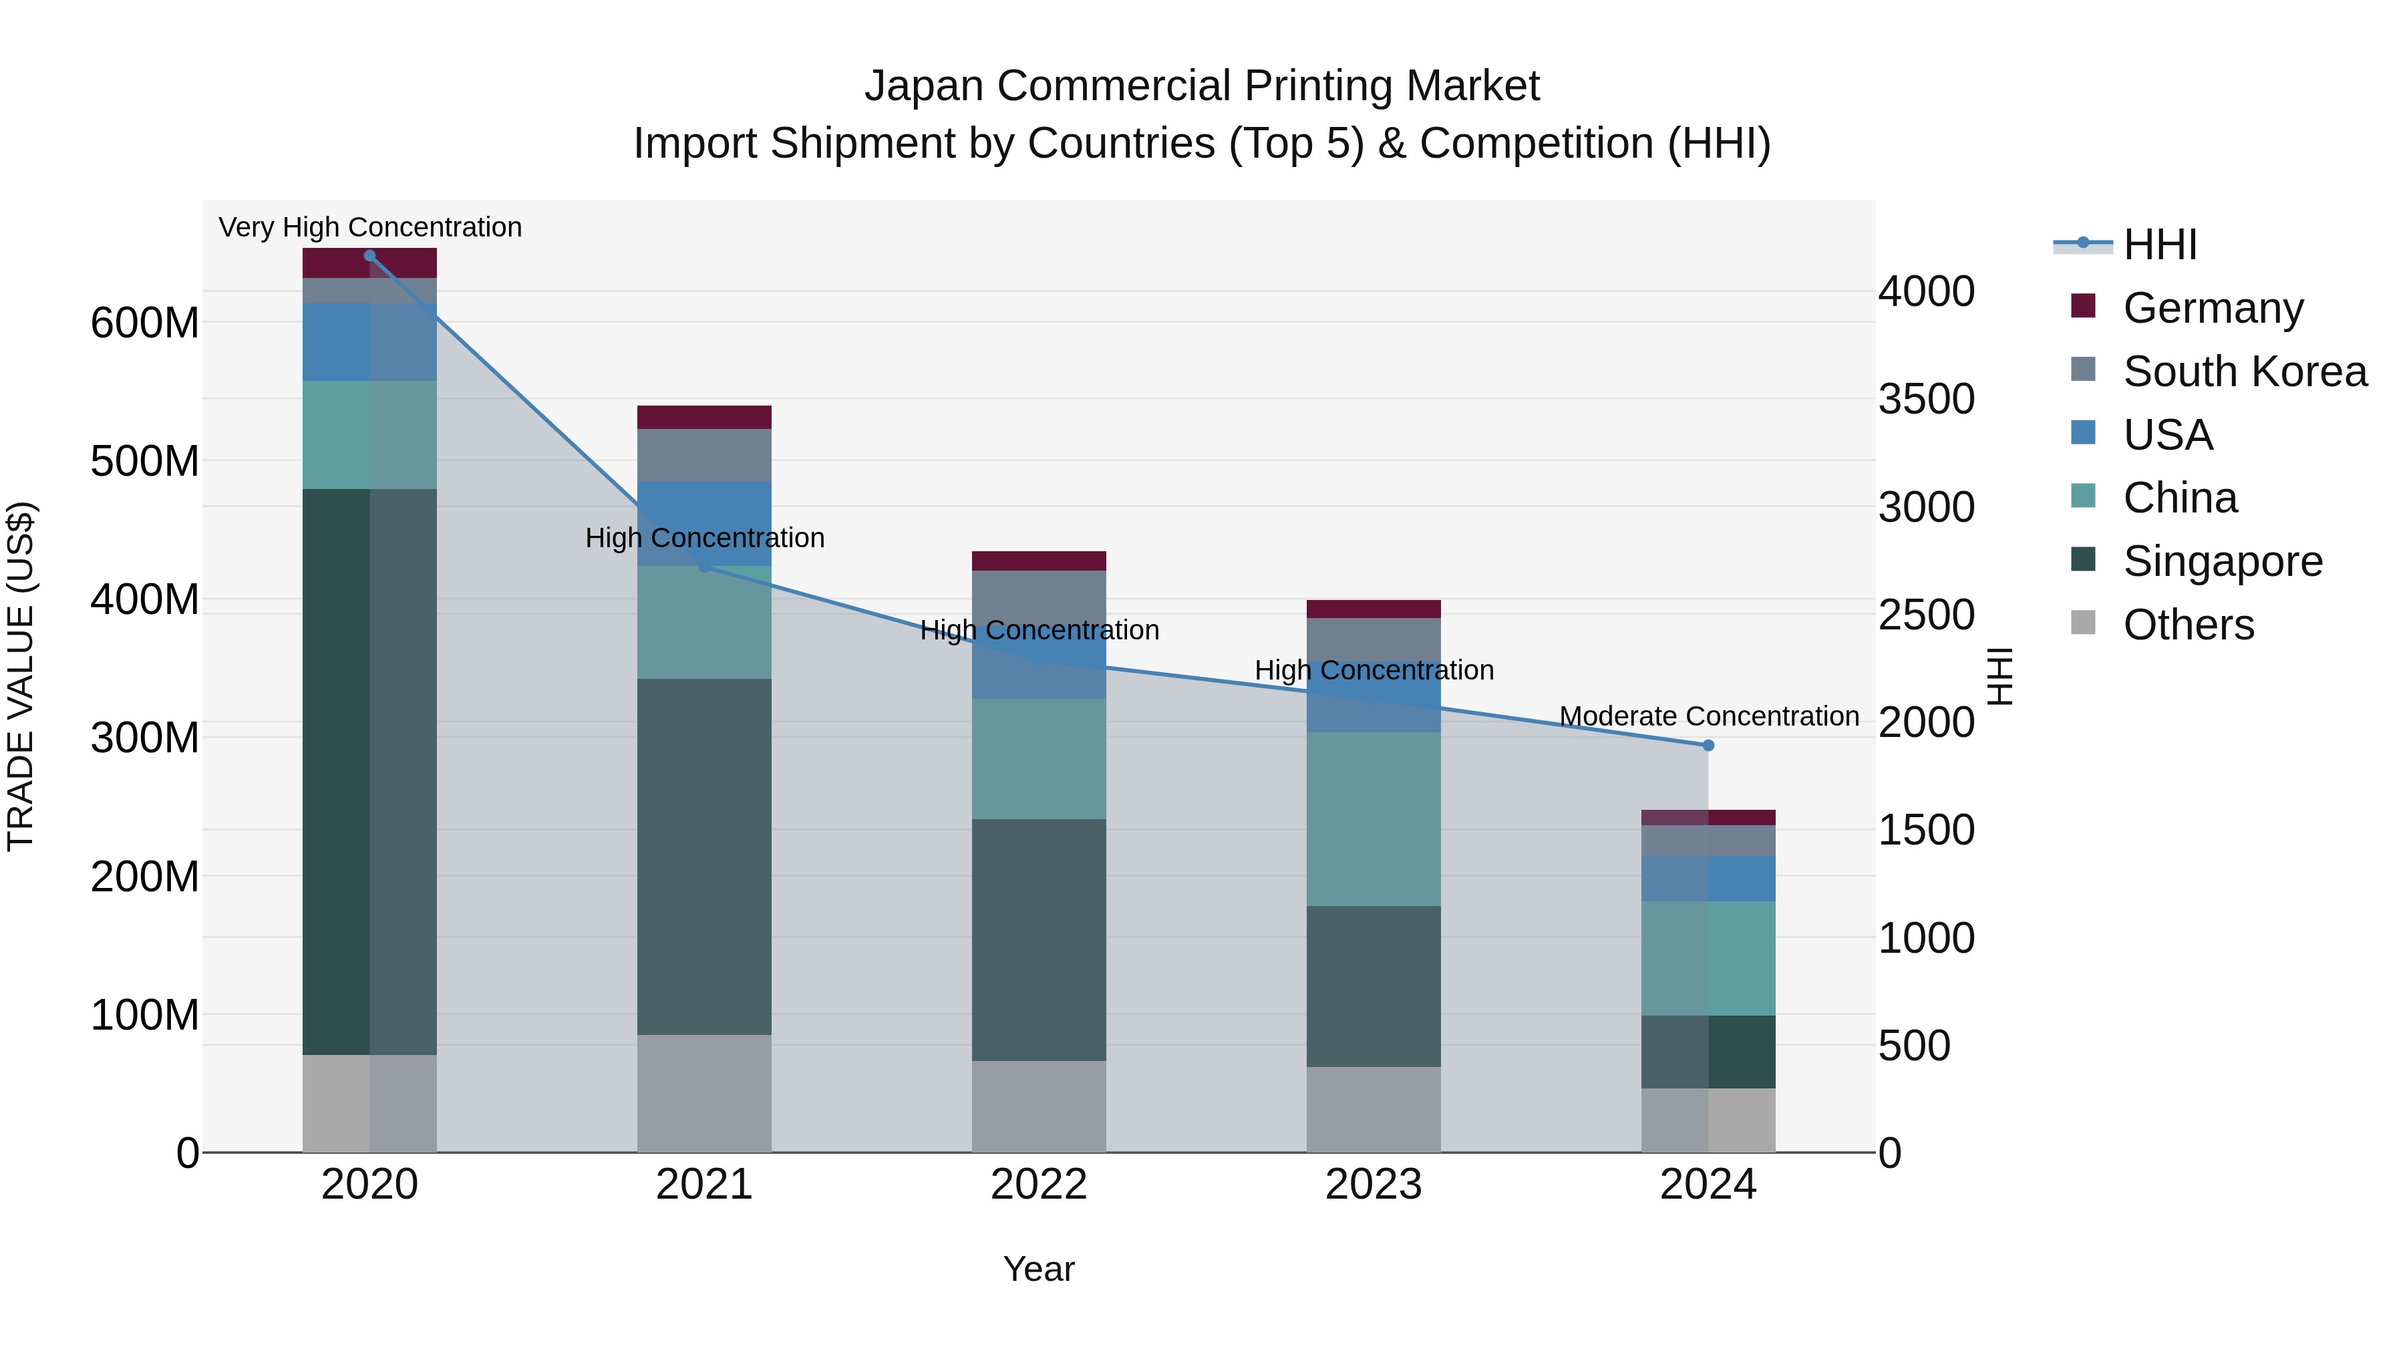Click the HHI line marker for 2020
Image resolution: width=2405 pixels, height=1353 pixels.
pyautogui.click(x=369, y=256)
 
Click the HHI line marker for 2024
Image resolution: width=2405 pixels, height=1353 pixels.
pyautogui.click(x=1708, y=745)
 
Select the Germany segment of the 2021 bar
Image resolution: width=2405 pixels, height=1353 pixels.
pyautogui.click(x=704, y=418)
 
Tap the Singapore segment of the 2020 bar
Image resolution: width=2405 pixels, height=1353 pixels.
pyautogui.click(x=369, y=771)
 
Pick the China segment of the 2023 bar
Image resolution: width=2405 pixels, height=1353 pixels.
pyautogui.click(x=1374, y=819)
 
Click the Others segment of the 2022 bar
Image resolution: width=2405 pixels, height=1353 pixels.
pyautogui.click(x=1038, y=1106)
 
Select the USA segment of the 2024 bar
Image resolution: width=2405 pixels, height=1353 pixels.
pyautogui.click(x=1708, y=879)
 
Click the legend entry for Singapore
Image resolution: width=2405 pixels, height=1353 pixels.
pyautogui.click(x=2222, y=561)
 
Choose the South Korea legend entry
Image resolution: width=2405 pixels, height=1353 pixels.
pyautogui.click(x=2245, y=371)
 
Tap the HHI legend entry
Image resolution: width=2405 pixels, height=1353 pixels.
pyautogui.click(x=2158, y=245)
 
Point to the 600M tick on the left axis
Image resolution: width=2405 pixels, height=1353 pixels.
pyautogui.click(x=145, y=323)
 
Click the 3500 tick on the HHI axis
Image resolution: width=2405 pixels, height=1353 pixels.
pyautogui.click(x=1926, y=399)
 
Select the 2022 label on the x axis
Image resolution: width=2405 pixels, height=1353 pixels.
pyautogui.click(x=1038, y=1185)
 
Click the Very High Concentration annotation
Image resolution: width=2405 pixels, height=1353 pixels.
pyautogui.click(x=369, y=227)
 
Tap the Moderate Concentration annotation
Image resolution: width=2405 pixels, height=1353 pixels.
pyautogui.click(x=1708, y=716)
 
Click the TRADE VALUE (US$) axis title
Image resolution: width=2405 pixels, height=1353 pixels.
pyautogui.click(x=21, y=676)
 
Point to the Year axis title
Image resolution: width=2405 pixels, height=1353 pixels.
pyautogui.click(x=1038, y=1269)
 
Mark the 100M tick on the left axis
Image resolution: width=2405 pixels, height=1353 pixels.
pyautogui.click(x=145, y=1015)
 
